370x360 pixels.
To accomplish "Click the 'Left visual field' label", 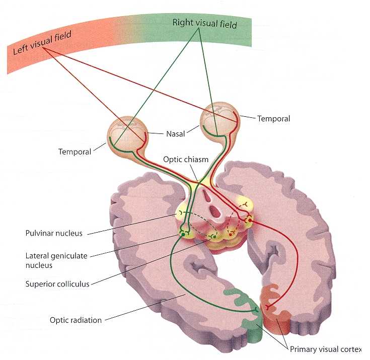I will click(41, 43).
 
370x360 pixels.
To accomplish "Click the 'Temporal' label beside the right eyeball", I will click(273, 119).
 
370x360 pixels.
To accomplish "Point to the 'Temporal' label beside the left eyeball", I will click(75, 151).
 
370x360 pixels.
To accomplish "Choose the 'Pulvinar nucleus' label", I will click(55, 233).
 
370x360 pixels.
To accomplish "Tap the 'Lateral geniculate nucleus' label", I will click(56, 260).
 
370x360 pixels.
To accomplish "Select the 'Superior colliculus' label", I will click(57, 284).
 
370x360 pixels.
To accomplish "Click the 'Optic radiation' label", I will click(76, 320).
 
